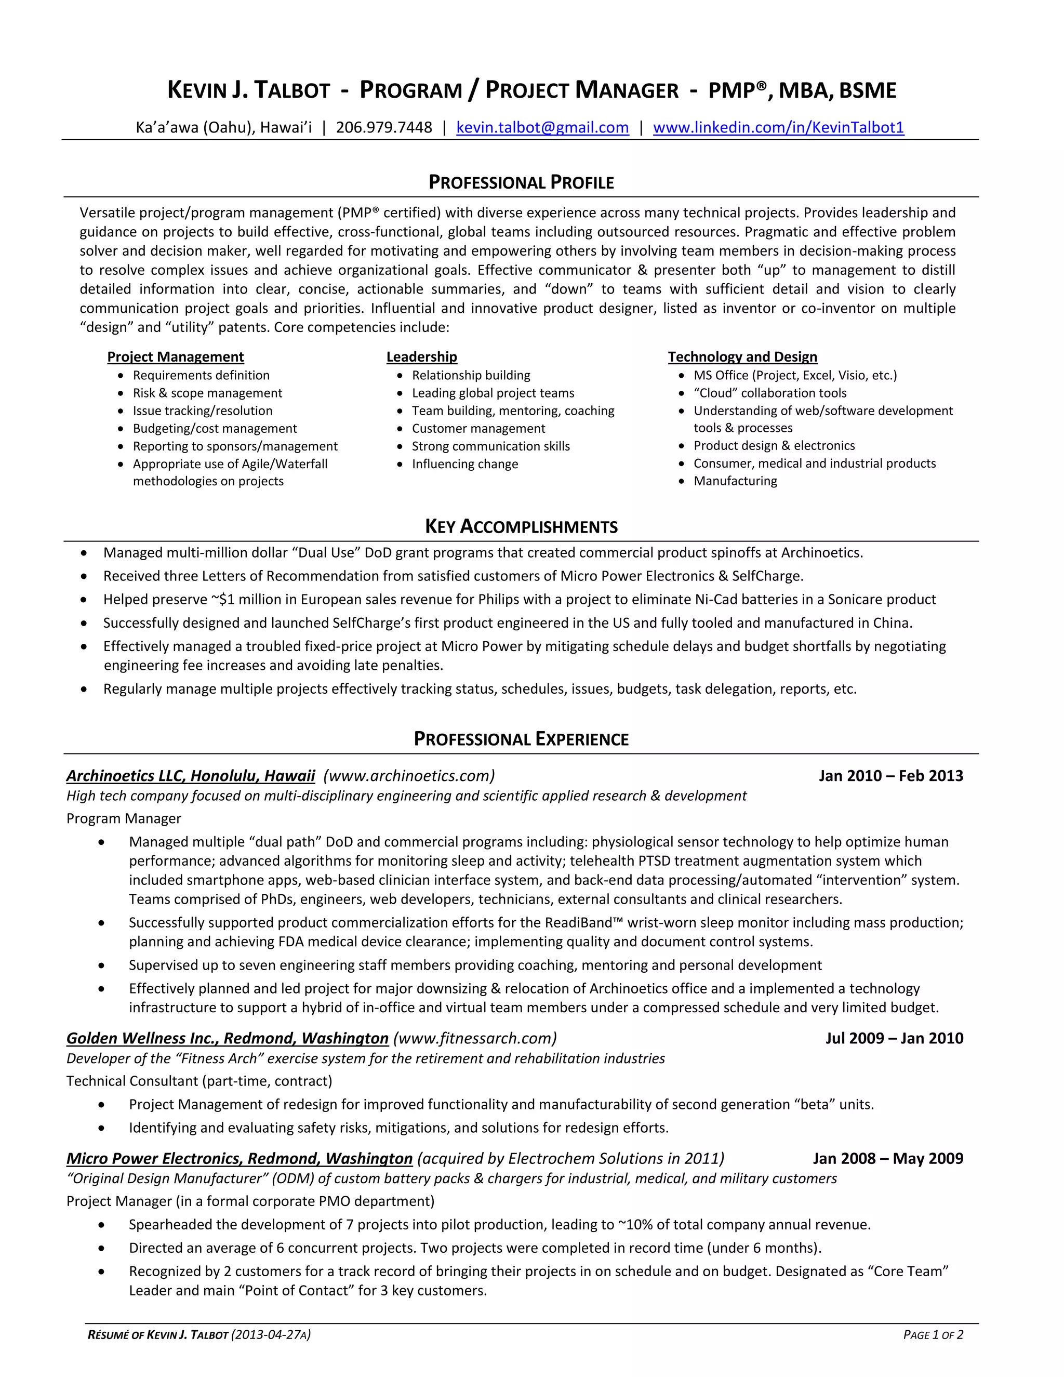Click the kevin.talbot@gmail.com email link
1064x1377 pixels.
tap(542, 128)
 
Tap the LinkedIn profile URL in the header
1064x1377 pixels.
tap(778, 128)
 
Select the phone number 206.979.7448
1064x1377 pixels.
tap(384, 128)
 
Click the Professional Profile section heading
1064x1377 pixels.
tap(521, 183)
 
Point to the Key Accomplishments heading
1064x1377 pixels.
tap(521, 526)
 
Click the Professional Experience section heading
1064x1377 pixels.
tap(521, 739)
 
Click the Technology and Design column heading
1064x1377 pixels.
tap(742, 357)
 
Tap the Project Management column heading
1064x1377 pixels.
tap(175, 357)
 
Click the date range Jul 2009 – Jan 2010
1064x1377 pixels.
tap(894, 1038)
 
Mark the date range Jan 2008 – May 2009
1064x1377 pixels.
tap(887, 1158)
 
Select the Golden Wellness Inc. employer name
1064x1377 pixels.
tap(227, 1038)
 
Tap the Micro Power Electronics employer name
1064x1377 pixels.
tap(239, 1158)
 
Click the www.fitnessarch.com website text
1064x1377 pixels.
tap(475, 1038)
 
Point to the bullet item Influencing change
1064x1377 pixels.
tap(464, 464)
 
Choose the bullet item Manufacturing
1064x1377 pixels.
tap(735, 481)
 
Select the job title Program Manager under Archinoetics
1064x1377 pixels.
tap(124, 818)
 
